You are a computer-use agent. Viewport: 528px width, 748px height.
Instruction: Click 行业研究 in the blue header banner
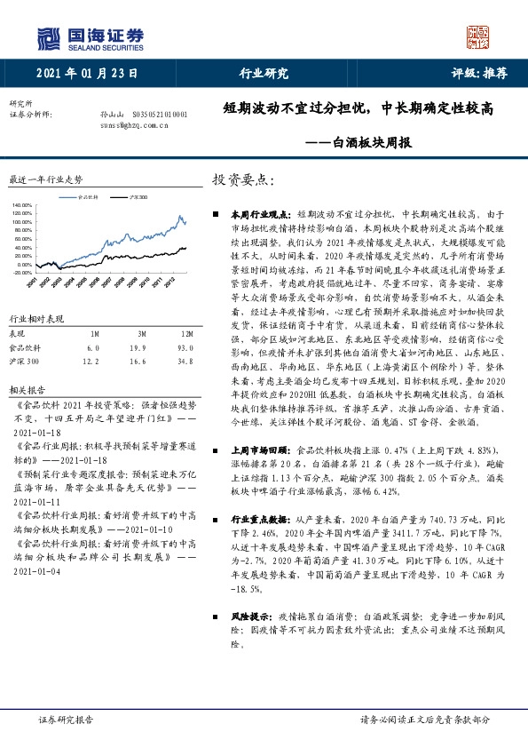tap(264, 76)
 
